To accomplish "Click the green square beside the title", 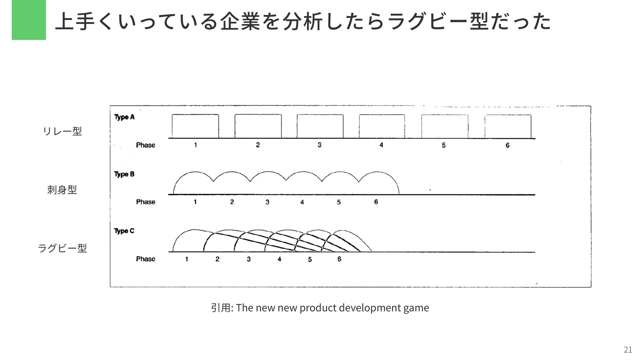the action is [x=29, y=20].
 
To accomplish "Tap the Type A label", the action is [x=124, y=117].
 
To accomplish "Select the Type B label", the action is [x=124, y=174].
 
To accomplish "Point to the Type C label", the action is [x=124, y=231].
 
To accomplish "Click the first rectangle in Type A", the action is [x=195, y=126].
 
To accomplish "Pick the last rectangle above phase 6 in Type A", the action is [x=508, y=126].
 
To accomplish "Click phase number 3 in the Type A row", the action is [x=319, y=145].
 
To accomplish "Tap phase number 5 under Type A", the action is [x=444, y=145].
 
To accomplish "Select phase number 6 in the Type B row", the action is [x=376, y=202].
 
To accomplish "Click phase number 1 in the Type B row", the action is [x=195, y=202].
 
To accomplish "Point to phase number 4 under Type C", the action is [x=279, y=259].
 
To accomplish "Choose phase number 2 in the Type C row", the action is [x=217, y=259].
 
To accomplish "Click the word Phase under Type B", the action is [x=146, y=202].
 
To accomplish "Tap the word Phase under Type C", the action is [x=146, y=259].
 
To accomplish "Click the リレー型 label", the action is [x=62, y=131].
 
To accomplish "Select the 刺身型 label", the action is [x=62, y=190].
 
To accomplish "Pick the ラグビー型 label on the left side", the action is [x=62, y=248].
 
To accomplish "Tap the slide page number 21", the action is [x=628, y=349].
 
